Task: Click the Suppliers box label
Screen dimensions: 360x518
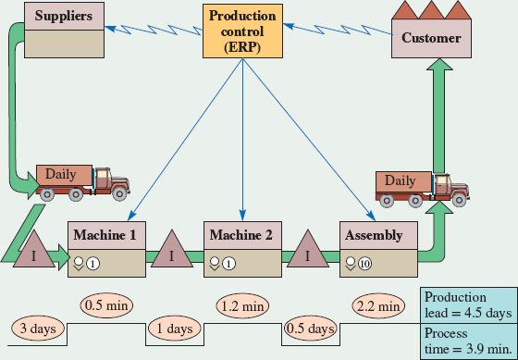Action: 63,16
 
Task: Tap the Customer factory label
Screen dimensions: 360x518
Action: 430,38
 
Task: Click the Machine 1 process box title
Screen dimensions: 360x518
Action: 107,235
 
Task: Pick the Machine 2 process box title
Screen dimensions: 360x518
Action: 241,235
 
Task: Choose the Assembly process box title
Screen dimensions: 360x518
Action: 374,235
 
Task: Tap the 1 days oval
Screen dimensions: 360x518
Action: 174,329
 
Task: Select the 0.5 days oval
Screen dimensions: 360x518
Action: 309,329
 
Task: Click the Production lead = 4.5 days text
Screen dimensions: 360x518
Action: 467,304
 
